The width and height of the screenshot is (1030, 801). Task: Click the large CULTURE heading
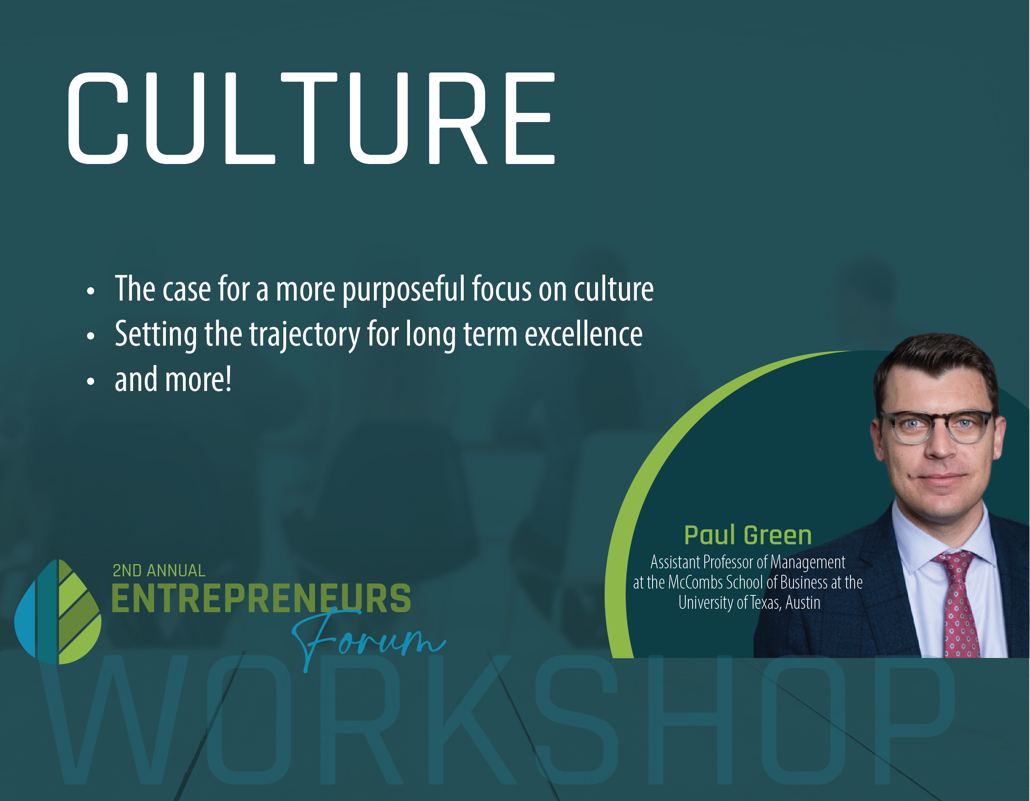(311, 118)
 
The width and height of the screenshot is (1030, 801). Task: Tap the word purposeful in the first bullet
(404, 289)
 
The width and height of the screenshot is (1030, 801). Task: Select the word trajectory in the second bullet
(305, 335)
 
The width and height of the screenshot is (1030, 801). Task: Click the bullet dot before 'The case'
(90, 291)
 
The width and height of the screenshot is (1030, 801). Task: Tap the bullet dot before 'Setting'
(90, 336)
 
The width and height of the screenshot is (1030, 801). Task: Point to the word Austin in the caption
(803, 603)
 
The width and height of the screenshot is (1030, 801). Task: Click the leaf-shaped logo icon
(58, 612)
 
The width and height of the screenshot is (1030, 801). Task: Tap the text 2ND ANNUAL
(159, 571)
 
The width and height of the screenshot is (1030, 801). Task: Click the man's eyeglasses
(937, 427)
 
